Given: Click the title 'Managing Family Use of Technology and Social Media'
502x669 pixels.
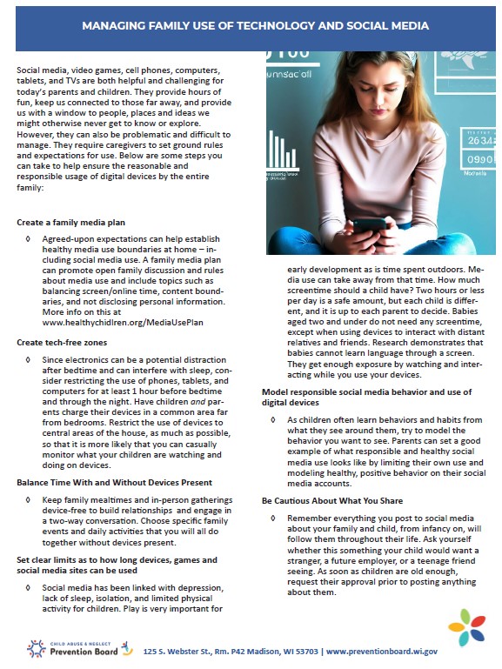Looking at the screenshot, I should tap(255, 26).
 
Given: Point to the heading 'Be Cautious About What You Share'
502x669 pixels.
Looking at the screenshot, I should tap(331, 501).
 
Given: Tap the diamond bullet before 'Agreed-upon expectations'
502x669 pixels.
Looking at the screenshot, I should tap(30, 238).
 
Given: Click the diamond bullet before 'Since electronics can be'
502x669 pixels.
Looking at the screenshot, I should tap(30, 358).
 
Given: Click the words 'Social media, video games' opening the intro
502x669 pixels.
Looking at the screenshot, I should tap(72, 68).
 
